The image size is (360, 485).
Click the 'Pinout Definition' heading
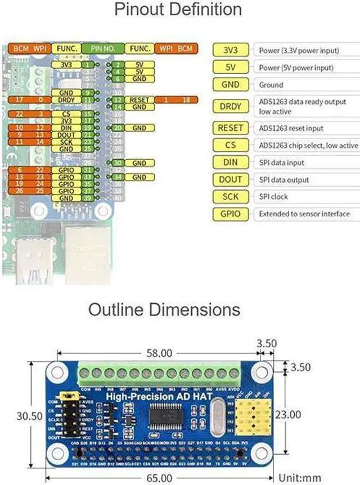[178, 10]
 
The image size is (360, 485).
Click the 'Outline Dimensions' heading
[164, 309]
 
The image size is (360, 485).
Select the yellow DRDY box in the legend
[231, 106]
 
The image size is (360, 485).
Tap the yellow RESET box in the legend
[231, 128]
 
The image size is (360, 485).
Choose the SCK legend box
[231, 197]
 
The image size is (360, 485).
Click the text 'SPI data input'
[281, 163]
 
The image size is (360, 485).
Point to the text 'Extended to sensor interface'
[304, 214]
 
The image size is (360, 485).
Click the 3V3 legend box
[231, 50]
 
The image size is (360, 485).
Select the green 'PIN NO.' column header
[103, 49]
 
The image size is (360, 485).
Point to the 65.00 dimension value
[159, 478]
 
